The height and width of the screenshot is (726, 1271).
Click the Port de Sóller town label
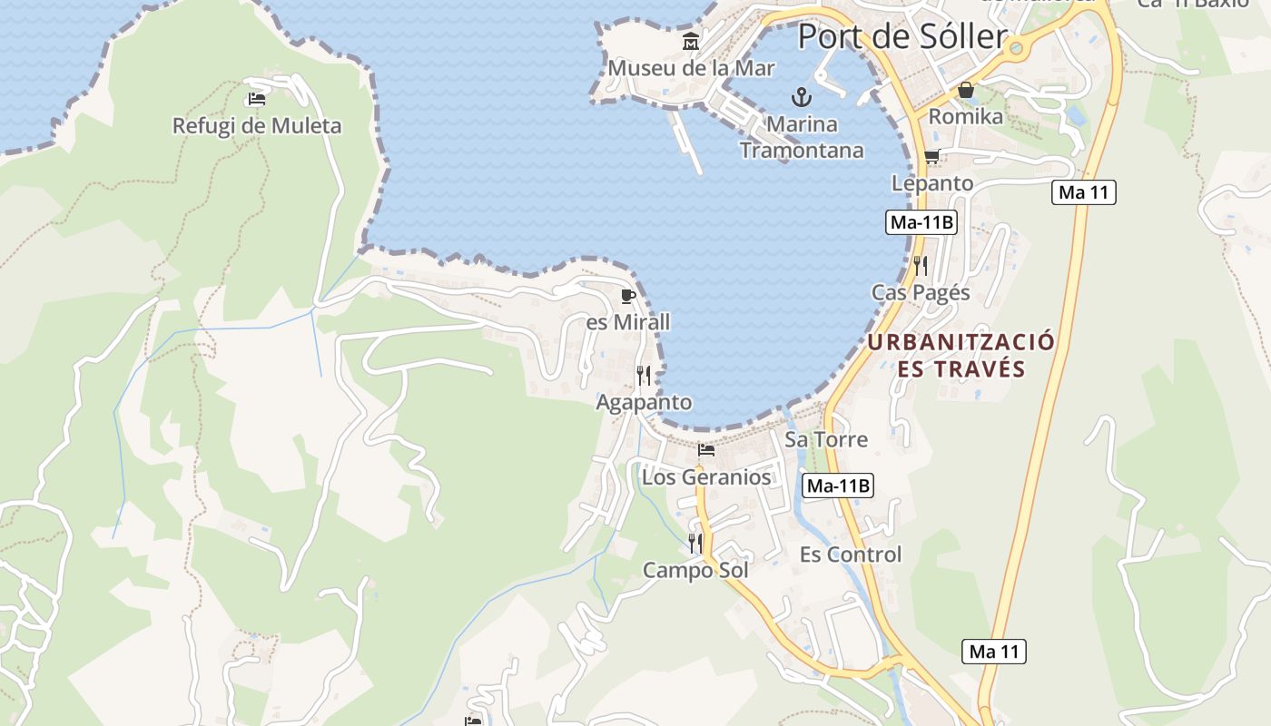(x=902, y=37)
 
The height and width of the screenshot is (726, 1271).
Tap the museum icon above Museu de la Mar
(x=691, y=42)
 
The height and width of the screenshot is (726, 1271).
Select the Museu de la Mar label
(x=691, y=68)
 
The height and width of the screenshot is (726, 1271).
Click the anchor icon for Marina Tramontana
(x=801, y=96)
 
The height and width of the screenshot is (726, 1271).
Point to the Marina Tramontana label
(x=801, y=136)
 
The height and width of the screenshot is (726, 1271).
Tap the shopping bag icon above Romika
(x=966, y=90)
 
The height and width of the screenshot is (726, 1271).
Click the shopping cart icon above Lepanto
(x=931, y=157)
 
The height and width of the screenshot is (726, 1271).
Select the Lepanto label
(x=931, y=183)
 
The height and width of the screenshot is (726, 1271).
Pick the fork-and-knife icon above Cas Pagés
(x=921, y=265)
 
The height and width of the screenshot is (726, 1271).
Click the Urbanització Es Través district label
(x=961, y=356)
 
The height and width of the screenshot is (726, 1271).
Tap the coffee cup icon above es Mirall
(x=627, y=296)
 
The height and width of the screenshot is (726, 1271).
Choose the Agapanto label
(x=644, y=402)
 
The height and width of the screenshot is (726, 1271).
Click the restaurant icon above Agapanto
(x=644, y=375)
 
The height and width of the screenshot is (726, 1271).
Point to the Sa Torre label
(x=826, y=440)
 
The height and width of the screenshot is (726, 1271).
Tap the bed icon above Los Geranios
(x=706, y=450)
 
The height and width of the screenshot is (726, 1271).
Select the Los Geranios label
(x=706, y=477)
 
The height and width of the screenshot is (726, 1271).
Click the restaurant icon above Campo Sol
(x=695, y=543)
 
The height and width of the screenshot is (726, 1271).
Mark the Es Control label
(x=851, y=554)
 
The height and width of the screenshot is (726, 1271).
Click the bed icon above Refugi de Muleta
(x=257, y=99)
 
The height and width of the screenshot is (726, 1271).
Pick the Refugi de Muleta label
(x=257, y=126)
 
